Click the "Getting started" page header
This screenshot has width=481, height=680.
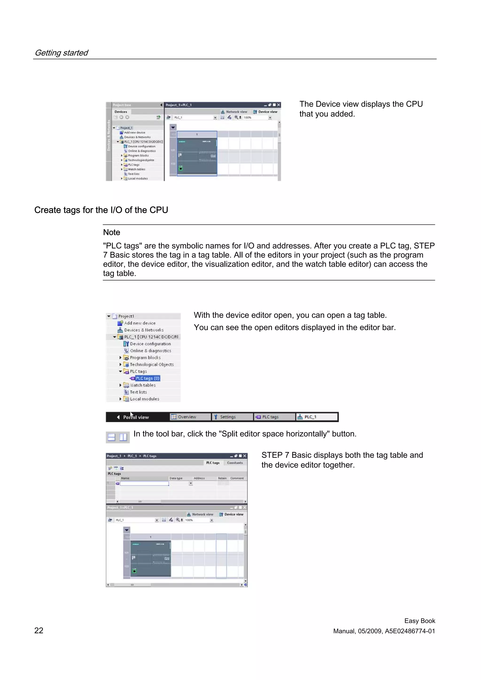tap(61, 53)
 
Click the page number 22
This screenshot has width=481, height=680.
tap(39, 630)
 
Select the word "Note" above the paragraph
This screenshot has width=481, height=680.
tap(111, 233)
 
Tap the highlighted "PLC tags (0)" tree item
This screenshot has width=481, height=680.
tap(147, 378)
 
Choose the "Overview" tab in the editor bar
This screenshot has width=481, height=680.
tap(187, 417)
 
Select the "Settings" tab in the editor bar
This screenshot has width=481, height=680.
tap(228, 417)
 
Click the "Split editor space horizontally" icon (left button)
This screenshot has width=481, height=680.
tap(111, 437)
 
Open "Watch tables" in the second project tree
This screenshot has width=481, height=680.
tap(143, 385)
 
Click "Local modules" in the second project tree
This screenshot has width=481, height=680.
tap(144, 399)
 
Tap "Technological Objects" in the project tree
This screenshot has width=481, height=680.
tap(152, 365)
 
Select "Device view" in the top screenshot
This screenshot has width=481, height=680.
tap(268, 112)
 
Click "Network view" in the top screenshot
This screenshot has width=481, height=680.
tap(237, 112)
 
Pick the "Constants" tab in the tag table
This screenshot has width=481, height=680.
tap(235, 463)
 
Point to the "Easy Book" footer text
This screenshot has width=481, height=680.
tap(419, 621)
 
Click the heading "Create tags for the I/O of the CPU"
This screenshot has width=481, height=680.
tap(101, 210)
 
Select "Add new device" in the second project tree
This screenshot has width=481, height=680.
tap(140, 323)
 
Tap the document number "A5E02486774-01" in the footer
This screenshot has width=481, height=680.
tap(410, 631)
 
